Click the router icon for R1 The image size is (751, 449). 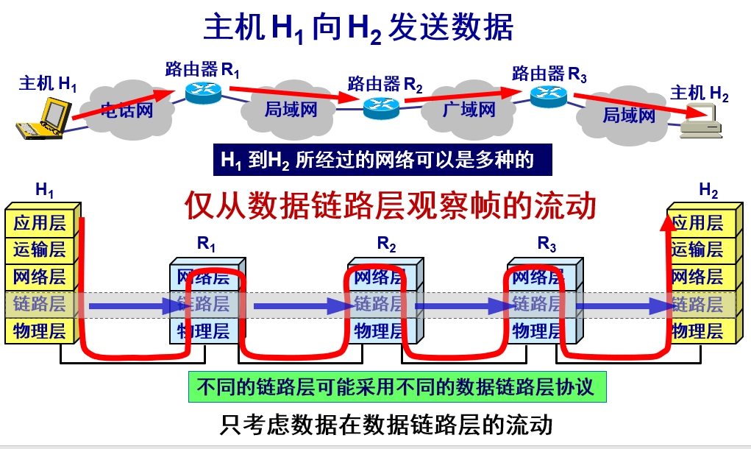click(202, 91)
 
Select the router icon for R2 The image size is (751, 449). click(381, 107)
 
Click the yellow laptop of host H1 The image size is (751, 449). click(44, 119)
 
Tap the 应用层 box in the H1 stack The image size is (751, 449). click(39, 222)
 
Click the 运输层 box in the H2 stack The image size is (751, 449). click(697, 250)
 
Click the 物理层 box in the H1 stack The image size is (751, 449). click(39, 330)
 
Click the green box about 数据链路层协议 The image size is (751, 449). click(398, 386)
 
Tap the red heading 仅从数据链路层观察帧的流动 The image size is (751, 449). click(390, 205)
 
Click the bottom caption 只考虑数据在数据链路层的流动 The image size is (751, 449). click(386, 425)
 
